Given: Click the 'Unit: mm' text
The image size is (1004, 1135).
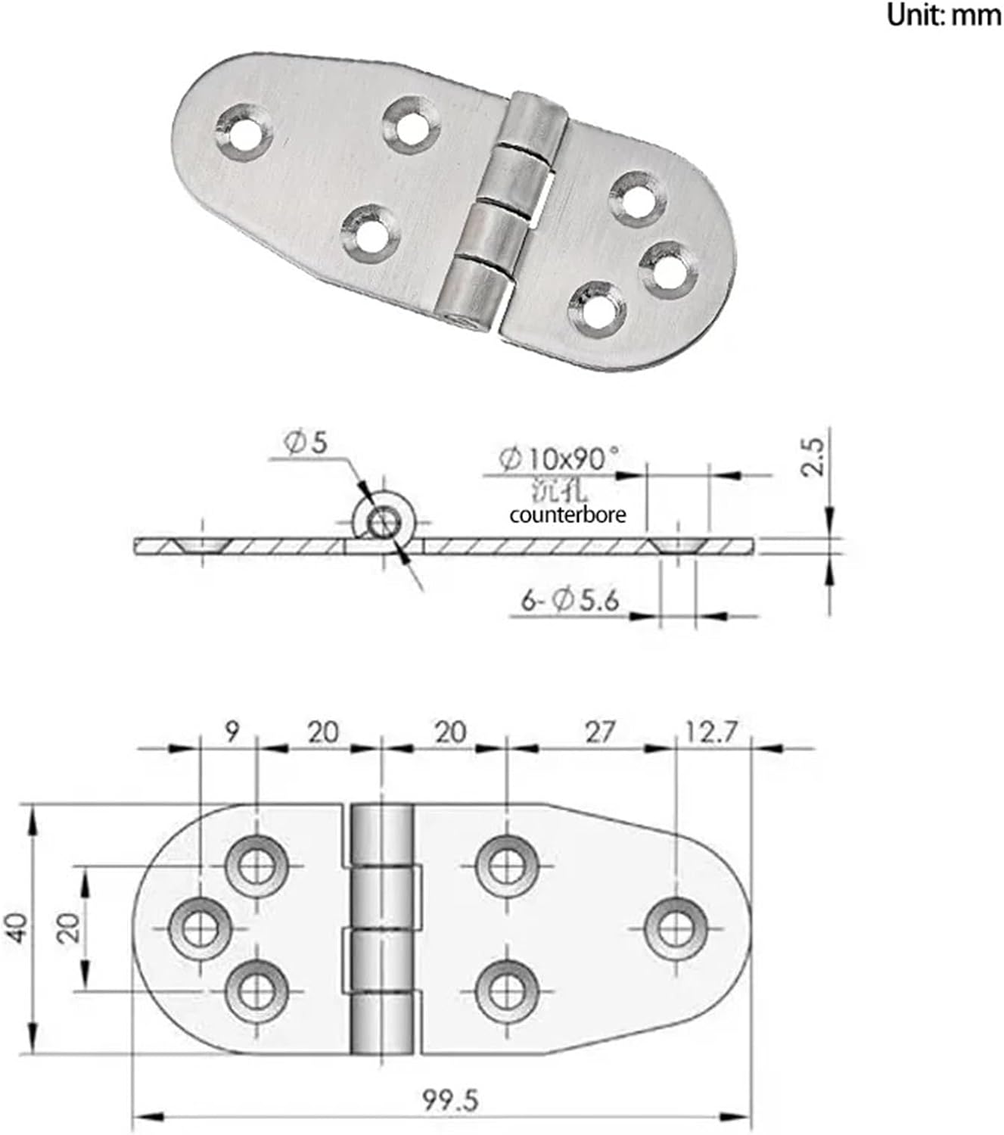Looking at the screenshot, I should click(943, 15).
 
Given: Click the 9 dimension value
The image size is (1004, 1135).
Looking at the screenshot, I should click(232, 732).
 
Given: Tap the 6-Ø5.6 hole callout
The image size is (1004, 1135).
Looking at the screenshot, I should click(570, 600).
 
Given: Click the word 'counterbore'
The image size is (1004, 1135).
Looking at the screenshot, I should click(567, 515).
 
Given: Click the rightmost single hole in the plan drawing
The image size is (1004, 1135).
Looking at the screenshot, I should click(675, 928).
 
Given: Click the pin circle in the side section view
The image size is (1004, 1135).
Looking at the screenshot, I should click(384, 521).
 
